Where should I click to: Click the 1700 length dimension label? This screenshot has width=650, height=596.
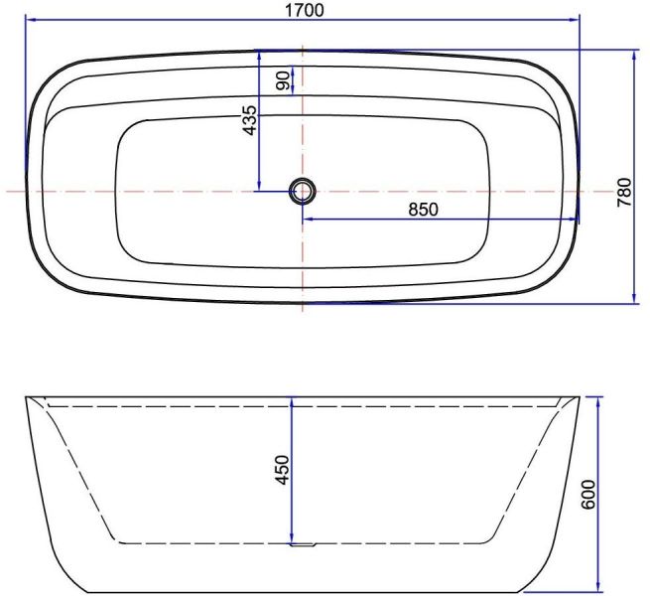coord(305,10)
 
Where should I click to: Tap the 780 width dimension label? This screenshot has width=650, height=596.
coord(624,192)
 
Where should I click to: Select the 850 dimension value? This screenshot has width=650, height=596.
coord(423,210)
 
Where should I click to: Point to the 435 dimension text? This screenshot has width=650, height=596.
coord(249,120)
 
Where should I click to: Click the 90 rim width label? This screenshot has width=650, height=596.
coord(283,80)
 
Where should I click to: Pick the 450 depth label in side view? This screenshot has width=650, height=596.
coord(282,470)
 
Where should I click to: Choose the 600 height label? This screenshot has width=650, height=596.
coord(588,495)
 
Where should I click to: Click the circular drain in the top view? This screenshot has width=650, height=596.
coord(303,192)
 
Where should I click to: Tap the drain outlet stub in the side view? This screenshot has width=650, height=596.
coord(304,545)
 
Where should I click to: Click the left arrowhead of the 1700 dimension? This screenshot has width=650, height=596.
coord(30,19)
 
